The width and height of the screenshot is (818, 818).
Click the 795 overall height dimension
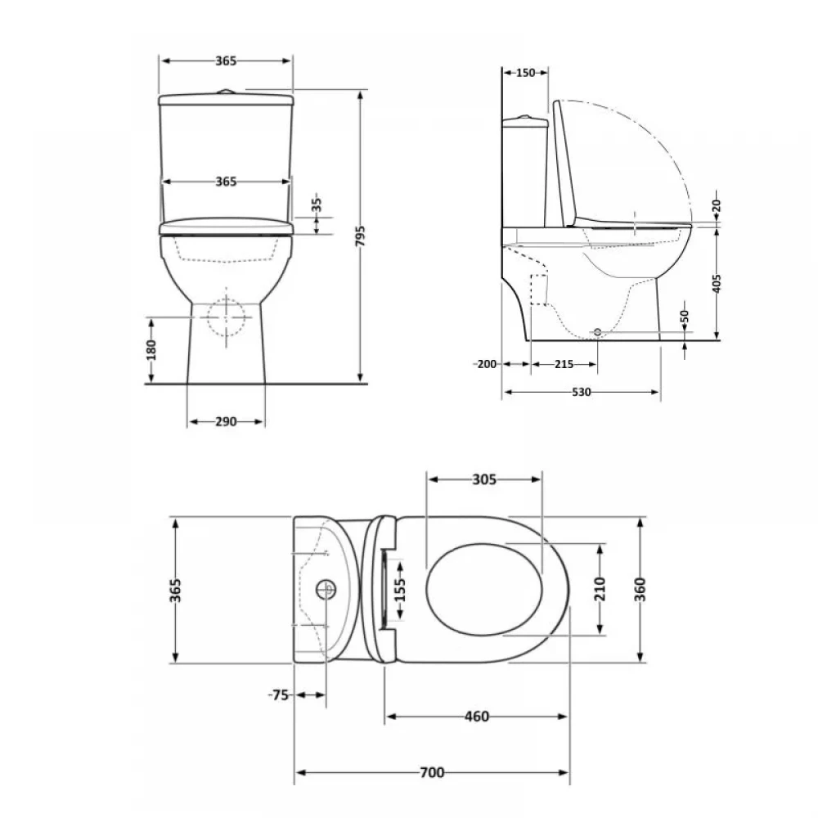361,236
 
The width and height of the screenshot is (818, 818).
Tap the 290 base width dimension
226,421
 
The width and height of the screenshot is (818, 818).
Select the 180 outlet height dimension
151,350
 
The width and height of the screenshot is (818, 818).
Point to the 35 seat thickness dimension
317,204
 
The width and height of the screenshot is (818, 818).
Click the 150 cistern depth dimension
526,73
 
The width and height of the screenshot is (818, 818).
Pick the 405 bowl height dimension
717,284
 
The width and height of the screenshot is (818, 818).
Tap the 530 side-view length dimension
581,392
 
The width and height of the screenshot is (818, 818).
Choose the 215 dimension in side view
564,364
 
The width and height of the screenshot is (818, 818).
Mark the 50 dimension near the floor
685,316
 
